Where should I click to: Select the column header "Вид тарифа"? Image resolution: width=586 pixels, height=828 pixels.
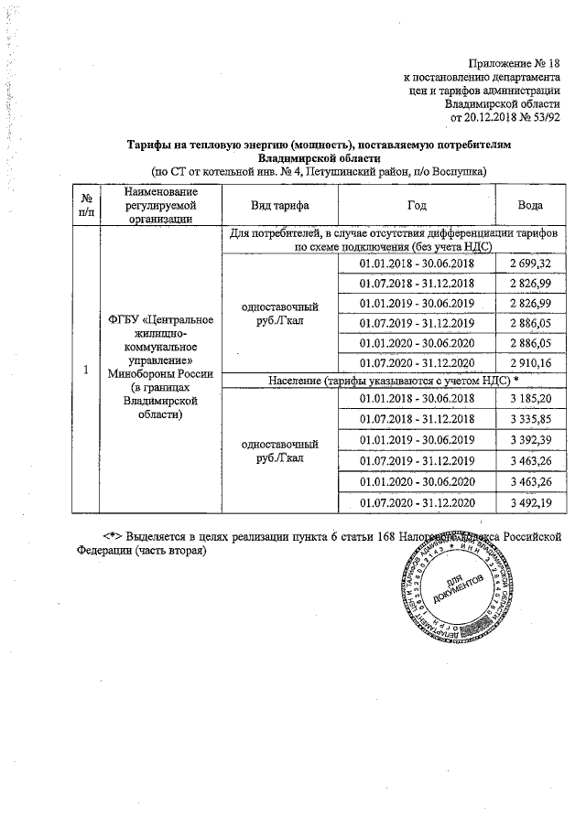279,205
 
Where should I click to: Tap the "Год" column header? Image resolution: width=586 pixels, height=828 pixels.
416,205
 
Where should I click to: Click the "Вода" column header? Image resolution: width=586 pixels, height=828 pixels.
529,205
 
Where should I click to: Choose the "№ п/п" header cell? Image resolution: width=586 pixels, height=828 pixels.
85,205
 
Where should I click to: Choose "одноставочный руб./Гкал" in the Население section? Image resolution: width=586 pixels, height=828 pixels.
279,450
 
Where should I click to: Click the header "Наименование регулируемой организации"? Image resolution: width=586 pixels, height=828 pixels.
160,205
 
